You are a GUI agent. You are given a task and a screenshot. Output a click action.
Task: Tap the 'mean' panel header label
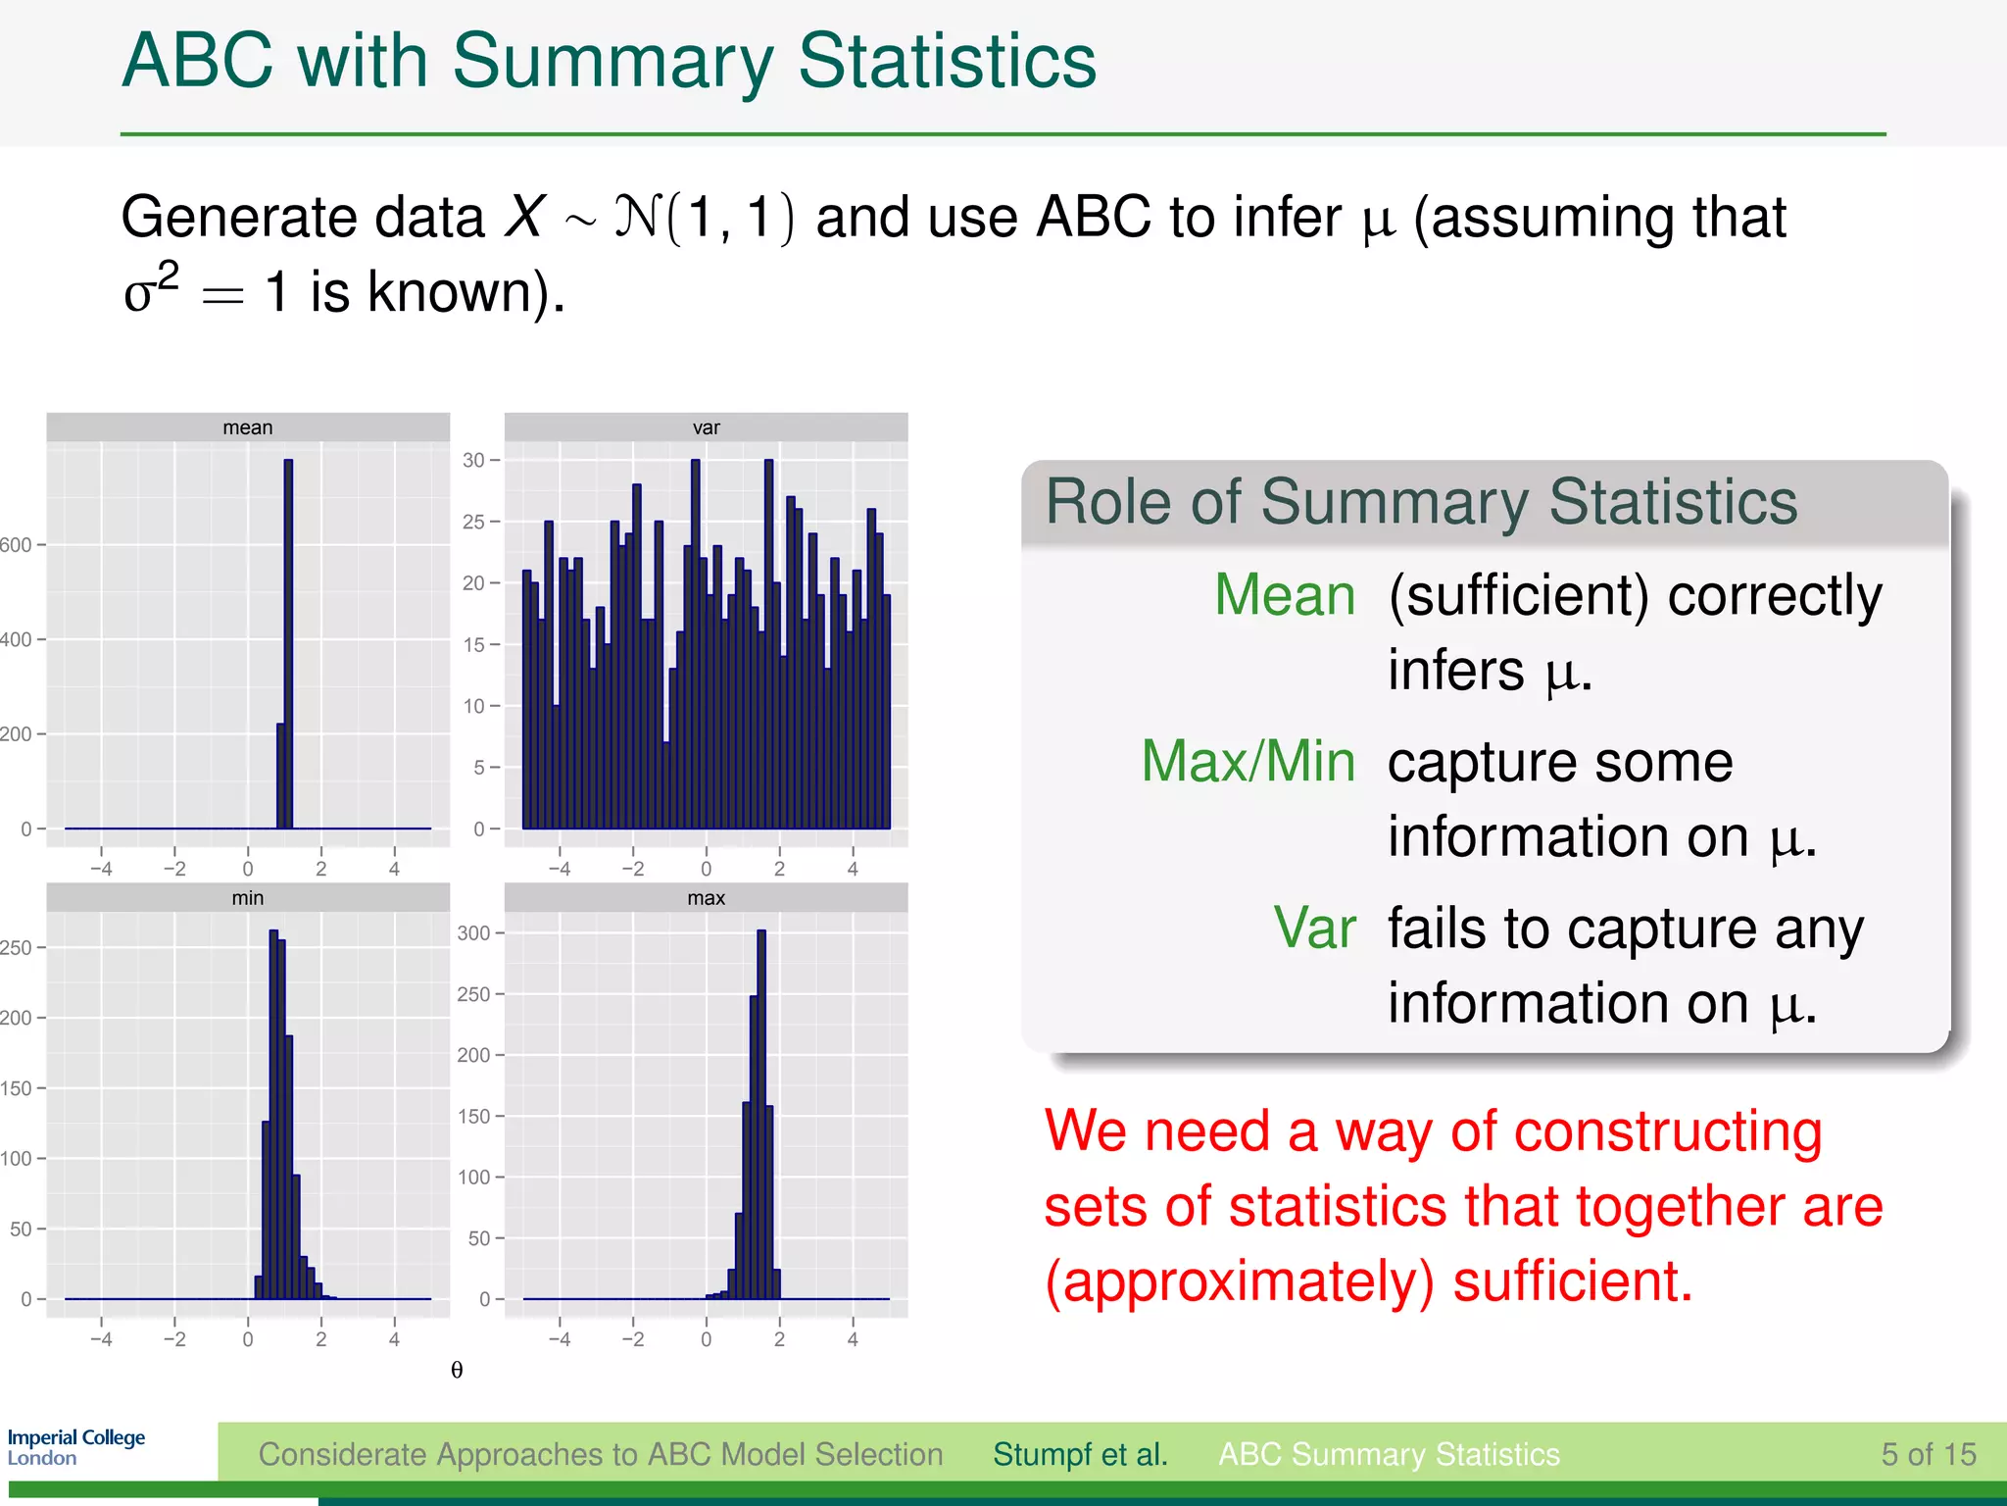coord(247,427)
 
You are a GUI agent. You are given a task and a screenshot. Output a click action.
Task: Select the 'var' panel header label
coord(706,427)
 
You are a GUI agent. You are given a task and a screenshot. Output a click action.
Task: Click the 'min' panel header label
coord(247,898)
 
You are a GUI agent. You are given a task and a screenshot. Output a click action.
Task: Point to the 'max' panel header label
coord(706,898)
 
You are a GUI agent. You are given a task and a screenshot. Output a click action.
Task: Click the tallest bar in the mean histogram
coord(288,647)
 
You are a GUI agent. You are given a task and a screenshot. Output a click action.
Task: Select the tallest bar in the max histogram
coord(761,1108)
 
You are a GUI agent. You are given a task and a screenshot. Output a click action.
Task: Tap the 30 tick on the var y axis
coord(474,460)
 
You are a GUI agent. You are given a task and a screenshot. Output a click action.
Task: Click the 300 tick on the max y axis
coord(473,933)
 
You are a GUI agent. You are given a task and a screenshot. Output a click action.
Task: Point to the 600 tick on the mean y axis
coord(16,545)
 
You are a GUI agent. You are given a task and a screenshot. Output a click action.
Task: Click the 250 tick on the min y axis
coord(16,948)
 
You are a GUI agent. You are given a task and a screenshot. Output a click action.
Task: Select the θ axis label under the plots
coord(457,1370)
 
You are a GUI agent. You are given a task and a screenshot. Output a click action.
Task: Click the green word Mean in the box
coord(1284,595)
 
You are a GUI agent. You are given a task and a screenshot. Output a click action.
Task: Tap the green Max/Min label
coord(1248,761)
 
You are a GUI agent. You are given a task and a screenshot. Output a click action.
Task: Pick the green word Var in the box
coord(1314,928)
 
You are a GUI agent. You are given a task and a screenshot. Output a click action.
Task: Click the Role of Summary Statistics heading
coord(1421,502)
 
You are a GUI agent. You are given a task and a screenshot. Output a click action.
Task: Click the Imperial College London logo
coord(75,1447)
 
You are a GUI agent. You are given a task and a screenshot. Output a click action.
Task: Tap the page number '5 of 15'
coord(1928,1454)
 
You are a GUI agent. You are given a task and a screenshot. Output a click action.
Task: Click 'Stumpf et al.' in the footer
coord(1080,1454)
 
